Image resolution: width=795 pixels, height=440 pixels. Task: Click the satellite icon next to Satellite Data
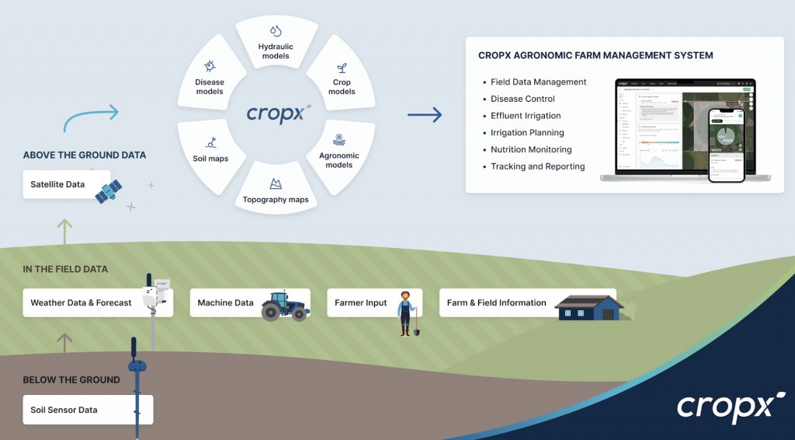tap(108, 190)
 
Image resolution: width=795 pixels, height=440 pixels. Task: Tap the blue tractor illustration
tap(284, 306)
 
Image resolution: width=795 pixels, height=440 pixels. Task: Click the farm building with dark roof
tap(589, 308)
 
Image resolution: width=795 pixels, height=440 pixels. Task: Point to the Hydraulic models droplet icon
tap(275, 31)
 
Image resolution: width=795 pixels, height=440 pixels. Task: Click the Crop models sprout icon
tap(342, 68)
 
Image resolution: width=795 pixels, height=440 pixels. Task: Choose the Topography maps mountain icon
tap(275, 184)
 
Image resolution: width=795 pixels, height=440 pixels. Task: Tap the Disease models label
tap(210, 86)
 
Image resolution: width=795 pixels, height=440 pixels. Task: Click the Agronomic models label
tap(339, 160)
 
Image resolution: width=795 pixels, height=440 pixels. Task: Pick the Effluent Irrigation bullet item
tap(526, 116)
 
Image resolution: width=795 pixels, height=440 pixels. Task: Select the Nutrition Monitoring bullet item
tap(530, 149)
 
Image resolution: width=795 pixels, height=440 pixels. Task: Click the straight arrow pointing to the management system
tap(425, 115)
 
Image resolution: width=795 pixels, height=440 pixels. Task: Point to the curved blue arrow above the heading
tap(90, 117)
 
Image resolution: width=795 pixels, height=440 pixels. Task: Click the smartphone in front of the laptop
tap(727, 145)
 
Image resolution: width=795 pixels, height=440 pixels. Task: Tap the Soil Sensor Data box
tap(88, 410)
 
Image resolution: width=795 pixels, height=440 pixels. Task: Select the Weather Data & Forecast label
tap(81, 302)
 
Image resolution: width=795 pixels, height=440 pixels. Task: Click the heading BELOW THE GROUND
tap(71, 380)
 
